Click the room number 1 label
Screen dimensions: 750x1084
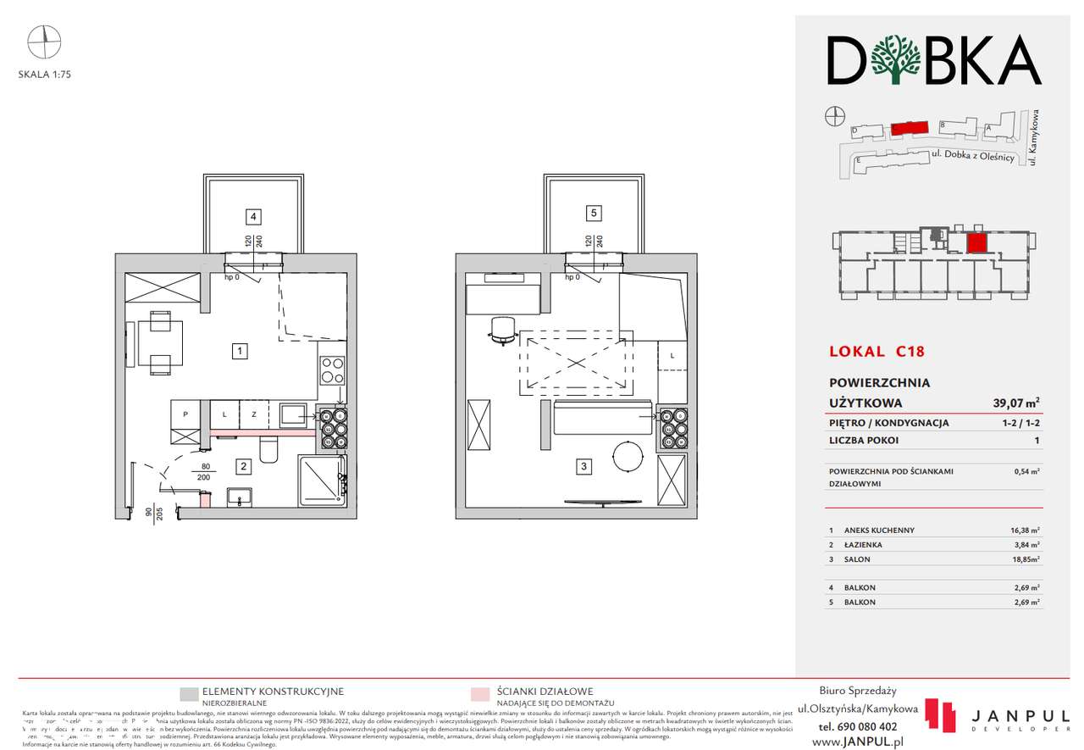241,349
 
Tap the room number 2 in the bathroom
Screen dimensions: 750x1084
242,464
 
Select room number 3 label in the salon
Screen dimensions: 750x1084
583,465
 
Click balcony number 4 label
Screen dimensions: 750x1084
252,214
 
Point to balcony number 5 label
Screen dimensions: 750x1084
594,212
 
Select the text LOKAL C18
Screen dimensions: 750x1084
876,350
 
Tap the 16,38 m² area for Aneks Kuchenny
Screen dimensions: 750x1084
1023,530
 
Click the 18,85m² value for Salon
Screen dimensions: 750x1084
1023,559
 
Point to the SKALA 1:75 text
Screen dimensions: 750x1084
44,74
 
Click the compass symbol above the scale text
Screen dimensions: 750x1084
44,38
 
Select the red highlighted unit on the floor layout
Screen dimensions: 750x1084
976,243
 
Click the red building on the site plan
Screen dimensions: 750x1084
909,128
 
